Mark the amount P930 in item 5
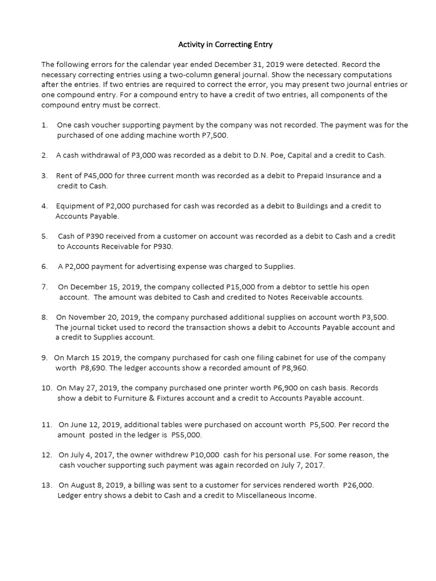pos(161,246)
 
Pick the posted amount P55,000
pos(186,435)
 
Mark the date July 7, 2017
pos(301,465)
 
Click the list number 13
pos(47,485)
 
